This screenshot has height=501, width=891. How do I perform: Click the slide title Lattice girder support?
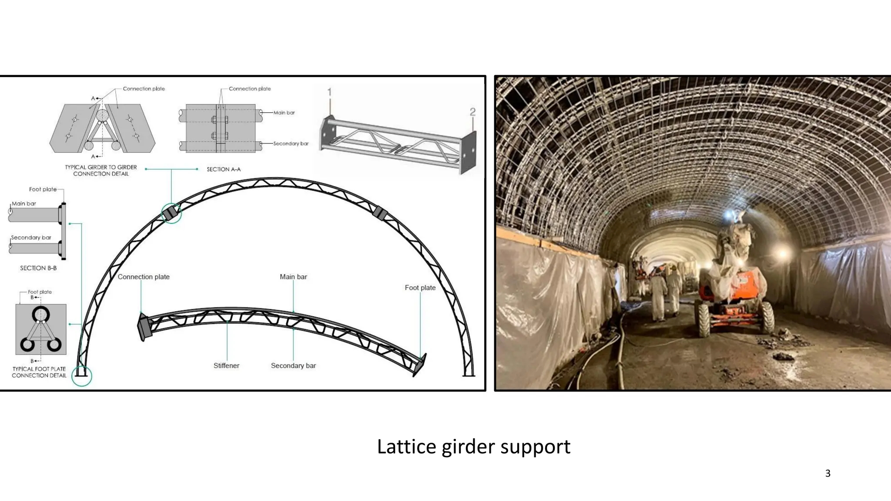click(473, 447)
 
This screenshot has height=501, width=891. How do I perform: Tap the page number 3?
click(827, 473)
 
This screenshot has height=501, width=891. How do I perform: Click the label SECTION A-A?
click(224, 169)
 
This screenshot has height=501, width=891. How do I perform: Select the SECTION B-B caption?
click(38, 268)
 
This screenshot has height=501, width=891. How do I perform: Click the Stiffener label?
click(226, 366)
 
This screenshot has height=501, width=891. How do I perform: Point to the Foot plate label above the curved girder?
click(420, 287)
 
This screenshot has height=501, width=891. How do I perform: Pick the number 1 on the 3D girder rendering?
click(329, 92)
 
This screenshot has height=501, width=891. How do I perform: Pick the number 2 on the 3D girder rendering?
click(473, 112)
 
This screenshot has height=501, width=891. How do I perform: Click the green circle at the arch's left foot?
click(82, 376)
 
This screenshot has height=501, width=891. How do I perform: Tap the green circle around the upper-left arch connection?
click(171, 213)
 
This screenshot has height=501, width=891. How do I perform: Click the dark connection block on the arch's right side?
click(380, 213)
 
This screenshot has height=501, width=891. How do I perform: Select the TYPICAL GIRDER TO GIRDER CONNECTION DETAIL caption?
click(101, 170)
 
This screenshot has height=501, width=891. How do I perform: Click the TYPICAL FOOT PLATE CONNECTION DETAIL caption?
click(39, 372)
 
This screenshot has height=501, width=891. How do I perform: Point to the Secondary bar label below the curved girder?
click(293, 366)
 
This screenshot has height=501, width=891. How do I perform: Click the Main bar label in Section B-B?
click(24, 204)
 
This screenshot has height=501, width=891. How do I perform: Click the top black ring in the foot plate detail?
click(40, 314)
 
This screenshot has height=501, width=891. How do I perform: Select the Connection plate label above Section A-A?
click(250, 89)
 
